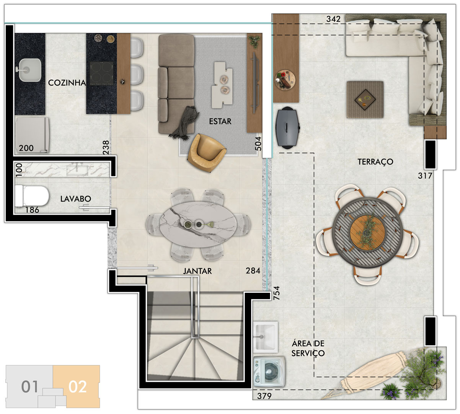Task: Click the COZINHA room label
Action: click(67, 82)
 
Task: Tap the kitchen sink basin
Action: click(29, 70)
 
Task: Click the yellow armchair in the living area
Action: click(206, 153)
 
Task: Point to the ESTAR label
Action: click(220, 122)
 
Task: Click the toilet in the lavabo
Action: click(32, 196)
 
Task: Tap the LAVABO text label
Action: click(76, 199)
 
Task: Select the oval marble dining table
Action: click(198, 224)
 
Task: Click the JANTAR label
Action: click(197, 271)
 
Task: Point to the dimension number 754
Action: click(277, 293)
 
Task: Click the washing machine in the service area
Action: click(269, 371)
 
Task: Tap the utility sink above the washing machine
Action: click(266, 337)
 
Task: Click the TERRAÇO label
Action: click(375, 162)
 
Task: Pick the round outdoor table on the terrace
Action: click(368, 233)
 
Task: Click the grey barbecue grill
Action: click(287, 128)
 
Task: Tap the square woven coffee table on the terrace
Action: click(365, 100)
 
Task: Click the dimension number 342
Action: click(333, 19)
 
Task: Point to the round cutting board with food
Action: click(285, 80)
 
